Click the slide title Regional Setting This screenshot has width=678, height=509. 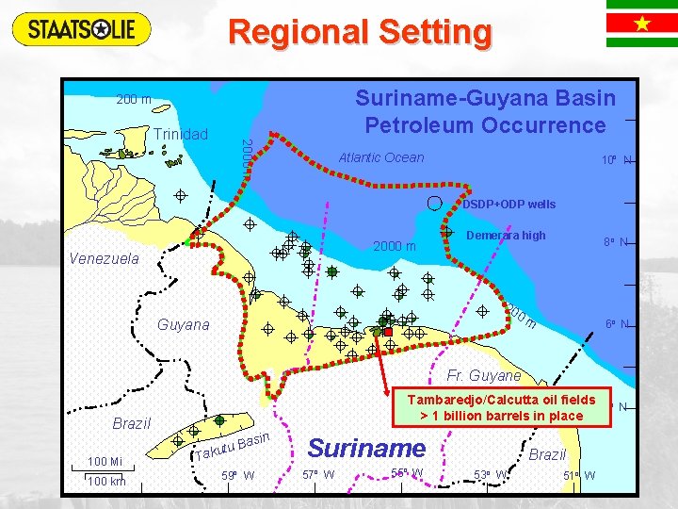[360, 32]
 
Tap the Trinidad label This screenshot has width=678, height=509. [181, 134]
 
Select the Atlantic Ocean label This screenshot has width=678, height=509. [381, 157]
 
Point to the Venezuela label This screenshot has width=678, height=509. [104, 258]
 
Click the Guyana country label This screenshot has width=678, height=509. [184, 324]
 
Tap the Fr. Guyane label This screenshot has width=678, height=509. [483, 375]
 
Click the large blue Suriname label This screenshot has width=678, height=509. [366, 447]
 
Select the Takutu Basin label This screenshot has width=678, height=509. [233, 446]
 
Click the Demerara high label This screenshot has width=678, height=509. [506, 236]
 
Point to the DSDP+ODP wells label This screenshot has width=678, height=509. [508, 205]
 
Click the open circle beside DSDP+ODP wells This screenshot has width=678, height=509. [434, 202]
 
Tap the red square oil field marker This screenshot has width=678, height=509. [387, 332]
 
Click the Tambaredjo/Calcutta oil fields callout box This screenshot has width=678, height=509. [501, 407]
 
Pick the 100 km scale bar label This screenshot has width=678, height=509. [105, 482]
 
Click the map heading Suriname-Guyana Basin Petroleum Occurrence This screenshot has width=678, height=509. [485, 111]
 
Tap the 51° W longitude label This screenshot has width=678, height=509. [576, 475]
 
